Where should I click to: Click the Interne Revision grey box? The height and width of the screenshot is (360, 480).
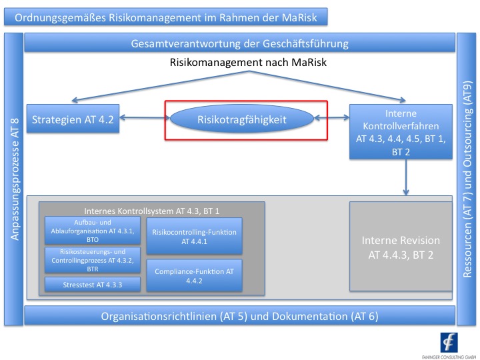point(401,246)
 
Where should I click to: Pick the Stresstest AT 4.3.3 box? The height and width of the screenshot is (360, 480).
point(93,285)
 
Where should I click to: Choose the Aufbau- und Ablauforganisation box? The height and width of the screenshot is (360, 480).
point(93,231)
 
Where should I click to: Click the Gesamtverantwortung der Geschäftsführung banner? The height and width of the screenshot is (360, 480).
point(239,45)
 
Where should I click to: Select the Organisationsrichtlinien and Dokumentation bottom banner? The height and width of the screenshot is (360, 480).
point(239,316)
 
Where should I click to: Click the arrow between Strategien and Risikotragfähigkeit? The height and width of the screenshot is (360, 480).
point(143,119)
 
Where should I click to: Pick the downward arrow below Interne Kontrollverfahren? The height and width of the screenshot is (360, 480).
point(405,178)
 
